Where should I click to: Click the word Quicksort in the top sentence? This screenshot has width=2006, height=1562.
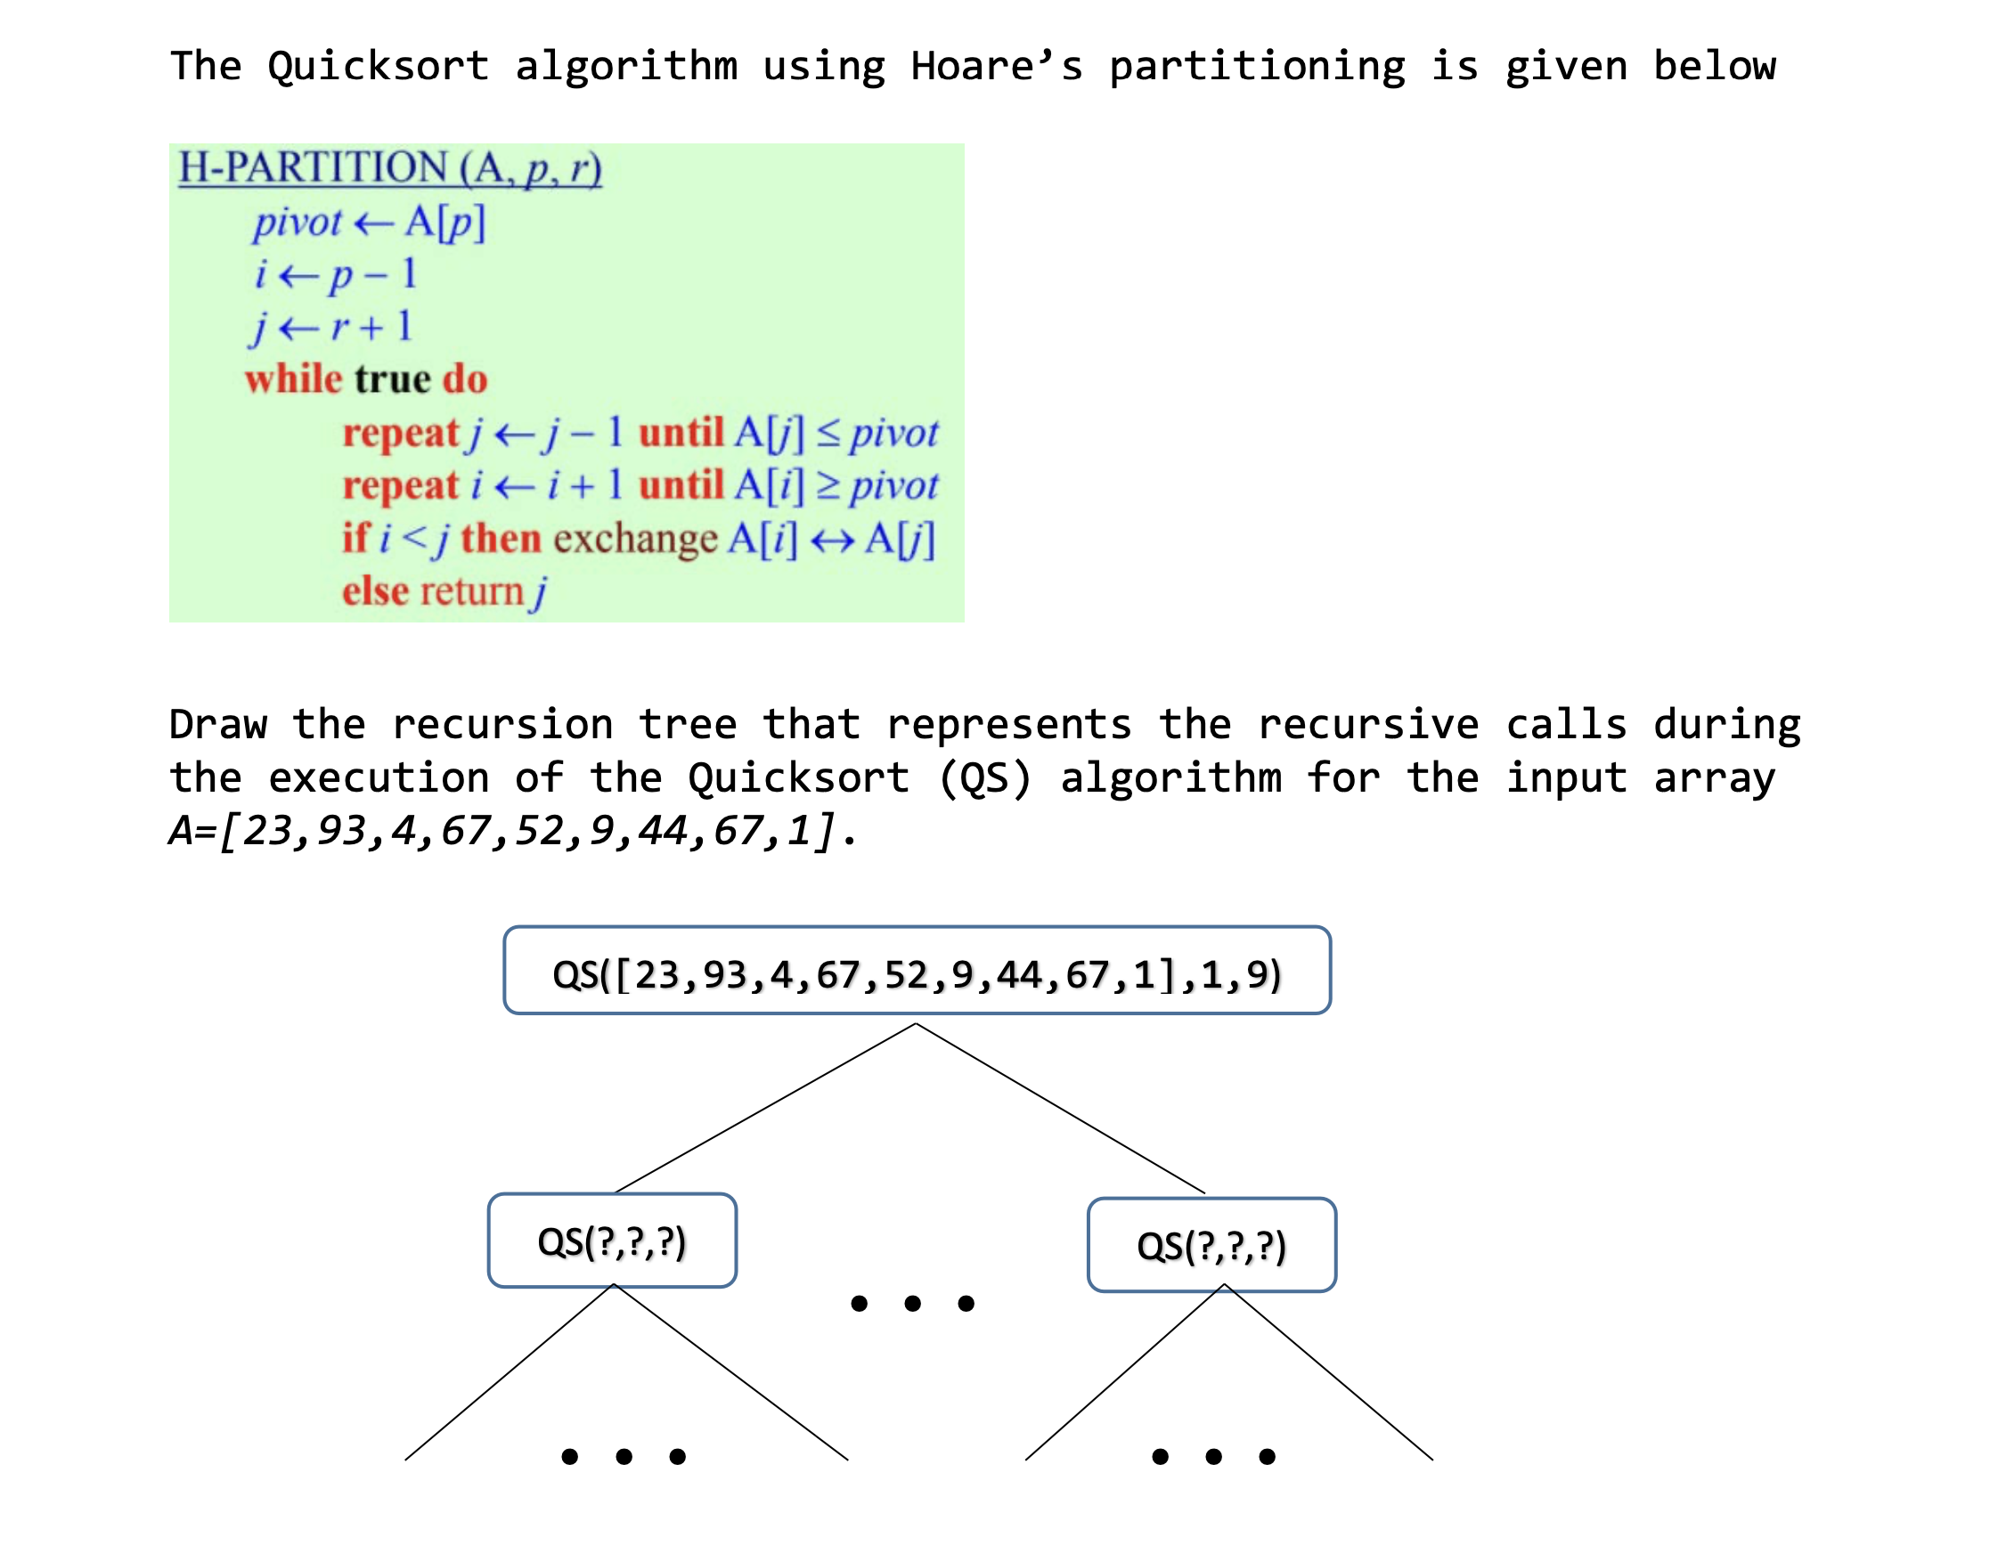(x=378, y=66)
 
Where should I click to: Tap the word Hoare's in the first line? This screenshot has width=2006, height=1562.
(x=997, y=66)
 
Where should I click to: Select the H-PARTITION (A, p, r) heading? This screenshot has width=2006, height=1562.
(x=390, y=168)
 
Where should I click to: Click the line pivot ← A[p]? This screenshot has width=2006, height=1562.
(x=370, y=223)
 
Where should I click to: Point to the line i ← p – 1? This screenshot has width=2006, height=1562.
(x=336, y=274)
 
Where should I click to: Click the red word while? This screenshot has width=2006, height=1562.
(x=293, y=379)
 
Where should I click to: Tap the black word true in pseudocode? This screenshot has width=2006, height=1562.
(x=393, y=379)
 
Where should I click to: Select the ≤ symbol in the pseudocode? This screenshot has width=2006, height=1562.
(x=828, y=433)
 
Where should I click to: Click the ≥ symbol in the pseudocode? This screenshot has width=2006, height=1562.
(x=828, y=485)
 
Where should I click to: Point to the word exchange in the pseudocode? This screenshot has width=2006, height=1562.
(x=635, y=539)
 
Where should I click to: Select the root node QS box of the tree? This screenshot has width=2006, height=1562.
(x=917, y=972)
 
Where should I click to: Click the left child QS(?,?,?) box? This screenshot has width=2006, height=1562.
(x=612, y=1241)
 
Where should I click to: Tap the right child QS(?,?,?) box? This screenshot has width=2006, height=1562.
(x=1211, y=1245)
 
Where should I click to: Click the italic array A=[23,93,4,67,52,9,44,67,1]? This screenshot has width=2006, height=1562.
(x=512, y=831)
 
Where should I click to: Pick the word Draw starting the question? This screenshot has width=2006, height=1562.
(x=217, y=725)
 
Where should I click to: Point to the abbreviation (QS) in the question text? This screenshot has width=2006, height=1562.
(x=985, y=777)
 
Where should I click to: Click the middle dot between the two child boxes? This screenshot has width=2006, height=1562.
(x=912, y=1303)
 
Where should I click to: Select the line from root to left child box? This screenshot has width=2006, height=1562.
(x=765, y=1109)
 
